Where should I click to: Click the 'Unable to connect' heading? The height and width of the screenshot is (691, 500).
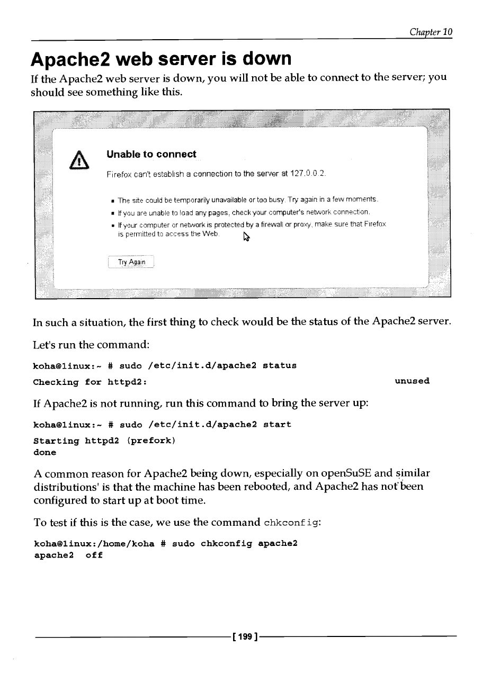[151, 154]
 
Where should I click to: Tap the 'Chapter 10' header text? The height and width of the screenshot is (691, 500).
[431, 32]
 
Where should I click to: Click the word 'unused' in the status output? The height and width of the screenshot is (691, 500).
[412, 381]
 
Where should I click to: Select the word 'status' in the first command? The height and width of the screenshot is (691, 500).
[279, 365]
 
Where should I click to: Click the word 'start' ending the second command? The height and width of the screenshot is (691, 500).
[277, 425]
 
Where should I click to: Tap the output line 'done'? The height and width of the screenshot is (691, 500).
[44, 452]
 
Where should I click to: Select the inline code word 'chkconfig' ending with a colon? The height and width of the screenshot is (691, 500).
[292, 523]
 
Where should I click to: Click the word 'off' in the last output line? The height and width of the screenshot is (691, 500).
[94, 555]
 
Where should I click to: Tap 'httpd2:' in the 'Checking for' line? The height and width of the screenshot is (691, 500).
[127, 382]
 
